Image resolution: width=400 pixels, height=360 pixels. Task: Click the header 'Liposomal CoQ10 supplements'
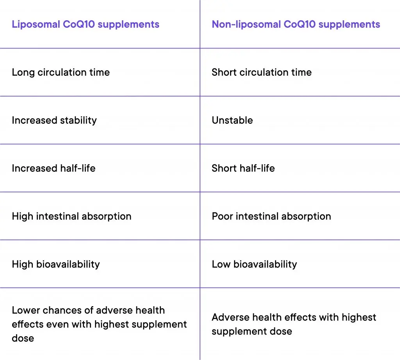click(86, 24)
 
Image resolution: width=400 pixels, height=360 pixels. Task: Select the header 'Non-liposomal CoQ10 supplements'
click(296, 24)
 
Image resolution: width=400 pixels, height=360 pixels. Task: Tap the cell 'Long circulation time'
click(61, 72)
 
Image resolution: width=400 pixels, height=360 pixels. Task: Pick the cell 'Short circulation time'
click(261, 72)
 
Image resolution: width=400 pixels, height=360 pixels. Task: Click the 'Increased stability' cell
click(54, 120)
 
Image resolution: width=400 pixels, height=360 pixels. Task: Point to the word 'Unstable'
click(232, 120)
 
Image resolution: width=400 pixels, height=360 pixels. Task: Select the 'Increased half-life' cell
click(54, 168)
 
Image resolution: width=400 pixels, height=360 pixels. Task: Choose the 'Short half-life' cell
click(243, 168)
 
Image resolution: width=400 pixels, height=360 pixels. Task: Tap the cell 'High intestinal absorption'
click(71, 216)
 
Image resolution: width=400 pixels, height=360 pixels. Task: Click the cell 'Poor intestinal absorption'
click(271, 216)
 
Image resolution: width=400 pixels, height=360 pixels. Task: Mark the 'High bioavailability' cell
click(56, 264)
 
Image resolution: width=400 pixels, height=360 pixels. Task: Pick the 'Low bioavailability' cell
click(254, 264)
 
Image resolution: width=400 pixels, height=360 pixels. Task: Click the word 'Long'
click(23, 72)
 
